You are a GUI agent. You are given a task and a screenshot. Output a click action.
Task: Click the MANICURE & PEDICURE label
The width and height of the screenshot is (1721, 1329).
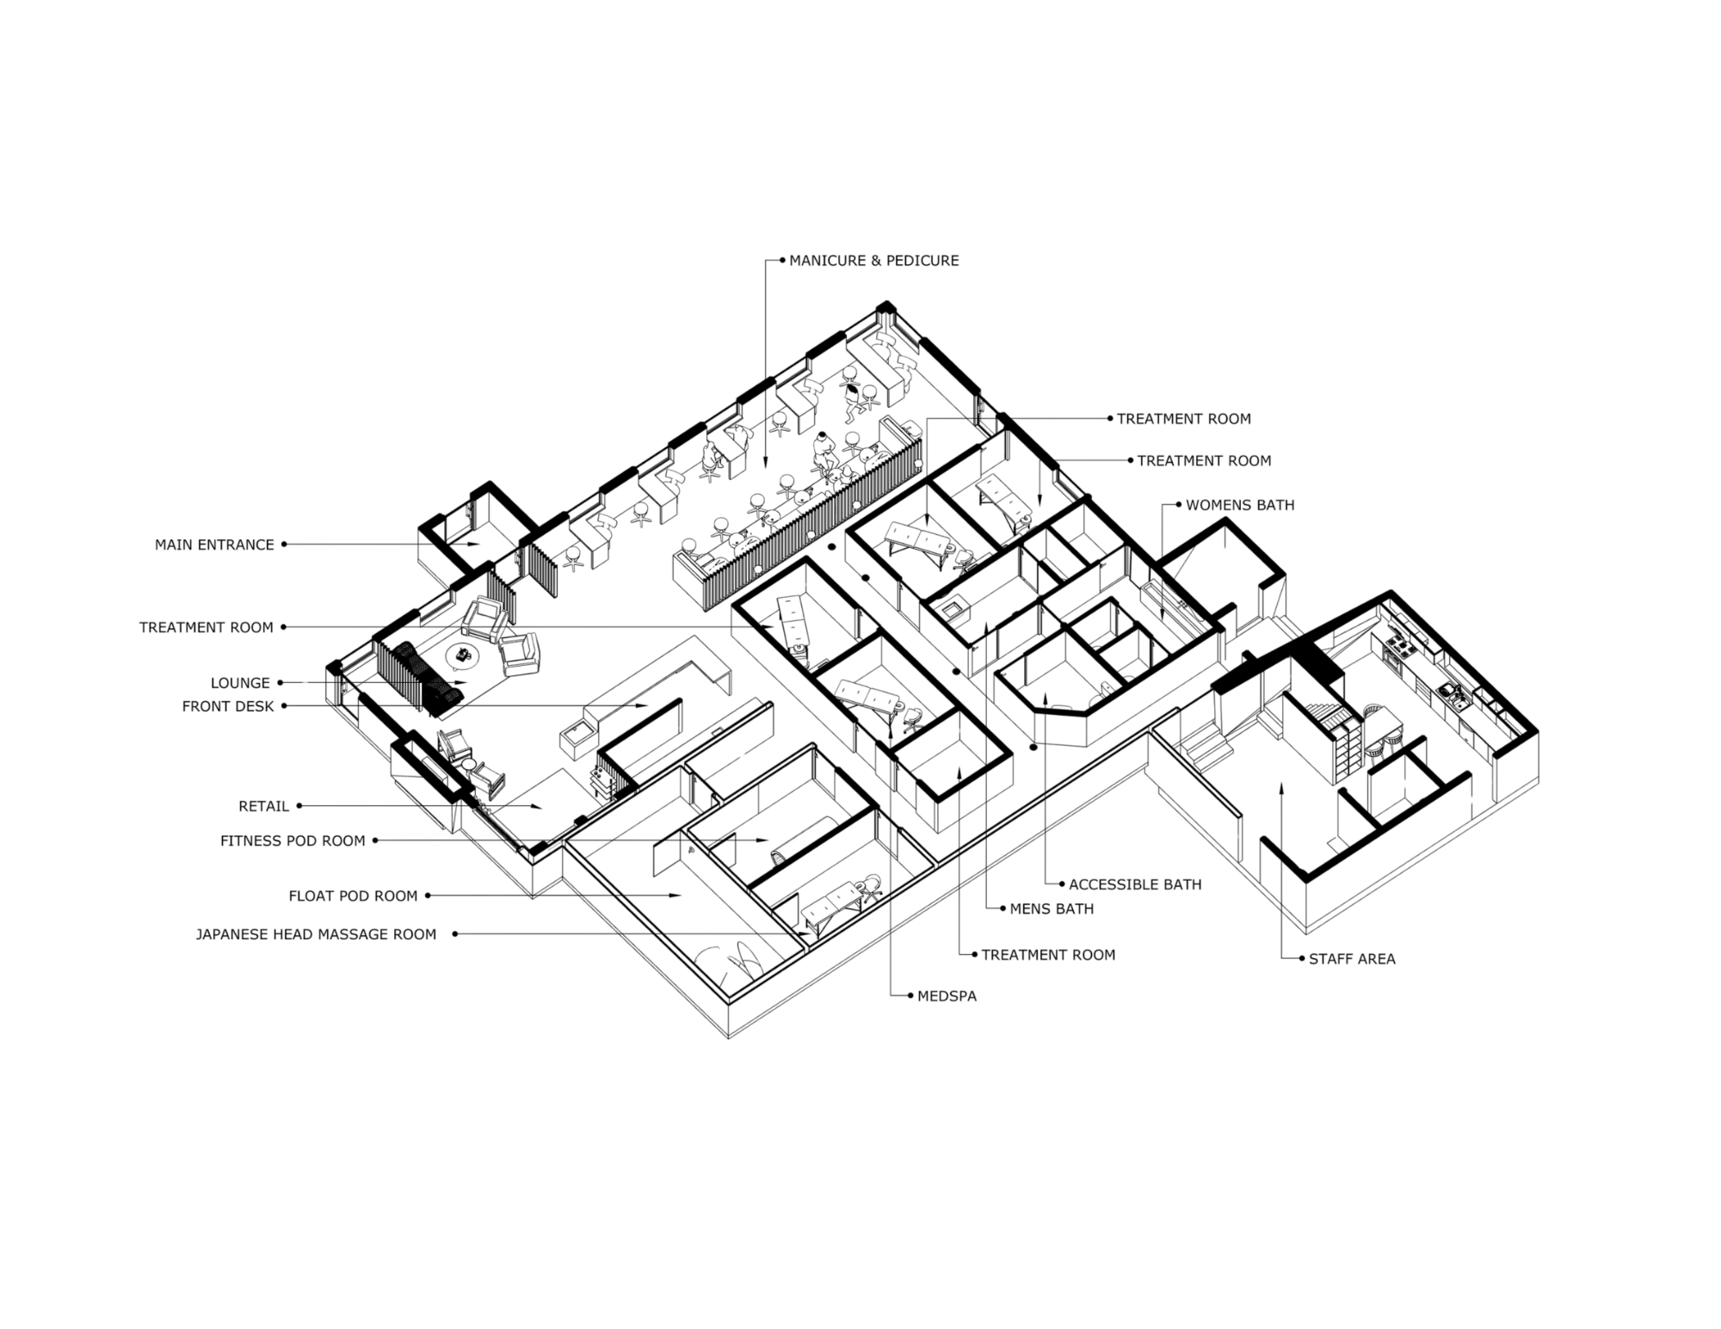point(873,260)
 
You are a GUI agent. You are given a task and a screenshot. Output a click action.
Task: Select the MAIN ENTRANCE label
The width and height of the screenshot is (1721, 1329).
point(214,545)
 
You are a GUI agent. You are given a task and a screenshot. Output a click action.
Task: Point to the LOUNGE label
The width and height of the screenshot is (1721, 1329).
point(241,683)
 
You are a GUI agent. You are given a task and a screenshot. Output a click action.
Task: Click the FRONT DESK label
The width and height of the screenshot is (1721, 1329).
point(228,706)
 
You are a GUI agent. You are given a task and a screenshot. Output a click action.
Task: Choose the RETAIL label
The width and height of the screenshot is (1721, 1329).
point(263,807)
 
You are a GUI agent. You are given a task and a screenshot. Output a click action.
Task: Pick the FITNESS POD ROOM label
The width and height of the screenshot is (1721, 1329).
point(293,840)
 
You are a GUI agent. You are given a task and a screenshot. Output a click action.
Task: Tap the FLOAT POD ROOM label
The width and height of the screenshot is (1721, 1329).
point(353,896)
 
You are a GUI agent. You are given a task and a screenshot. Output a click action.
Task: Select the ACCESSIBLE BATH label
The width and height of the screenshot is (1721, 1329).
point(1135,884)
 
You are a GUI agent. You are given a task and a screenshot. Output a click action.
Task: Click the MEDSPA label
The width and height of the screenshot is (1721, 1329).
point(947,997)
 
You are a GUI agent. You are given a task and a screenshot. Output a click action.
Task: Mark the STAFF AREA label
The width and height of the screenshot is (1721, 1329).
point(1352,958)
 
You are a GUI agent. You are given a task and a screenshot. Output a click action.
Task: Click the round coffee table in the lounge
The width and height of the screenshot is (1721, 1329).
point(466,655)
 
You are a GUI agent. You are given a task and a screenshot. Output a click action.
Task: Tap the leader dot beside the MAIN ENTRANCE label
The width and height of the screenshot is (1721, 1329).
point(284,545)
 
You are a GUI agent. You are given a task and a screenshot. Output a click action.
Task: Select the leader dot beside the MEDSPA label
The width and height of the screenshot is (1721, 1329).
point(910,995)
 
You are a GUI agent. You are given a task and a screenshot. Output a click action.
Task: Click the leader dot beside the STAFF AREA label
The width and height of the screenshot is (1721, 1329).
point(1303,957)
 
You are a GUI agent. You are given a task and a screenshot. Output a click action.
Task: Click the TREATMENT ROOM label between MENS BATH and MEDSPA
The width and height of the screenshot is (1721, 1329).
point(1047,955)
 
